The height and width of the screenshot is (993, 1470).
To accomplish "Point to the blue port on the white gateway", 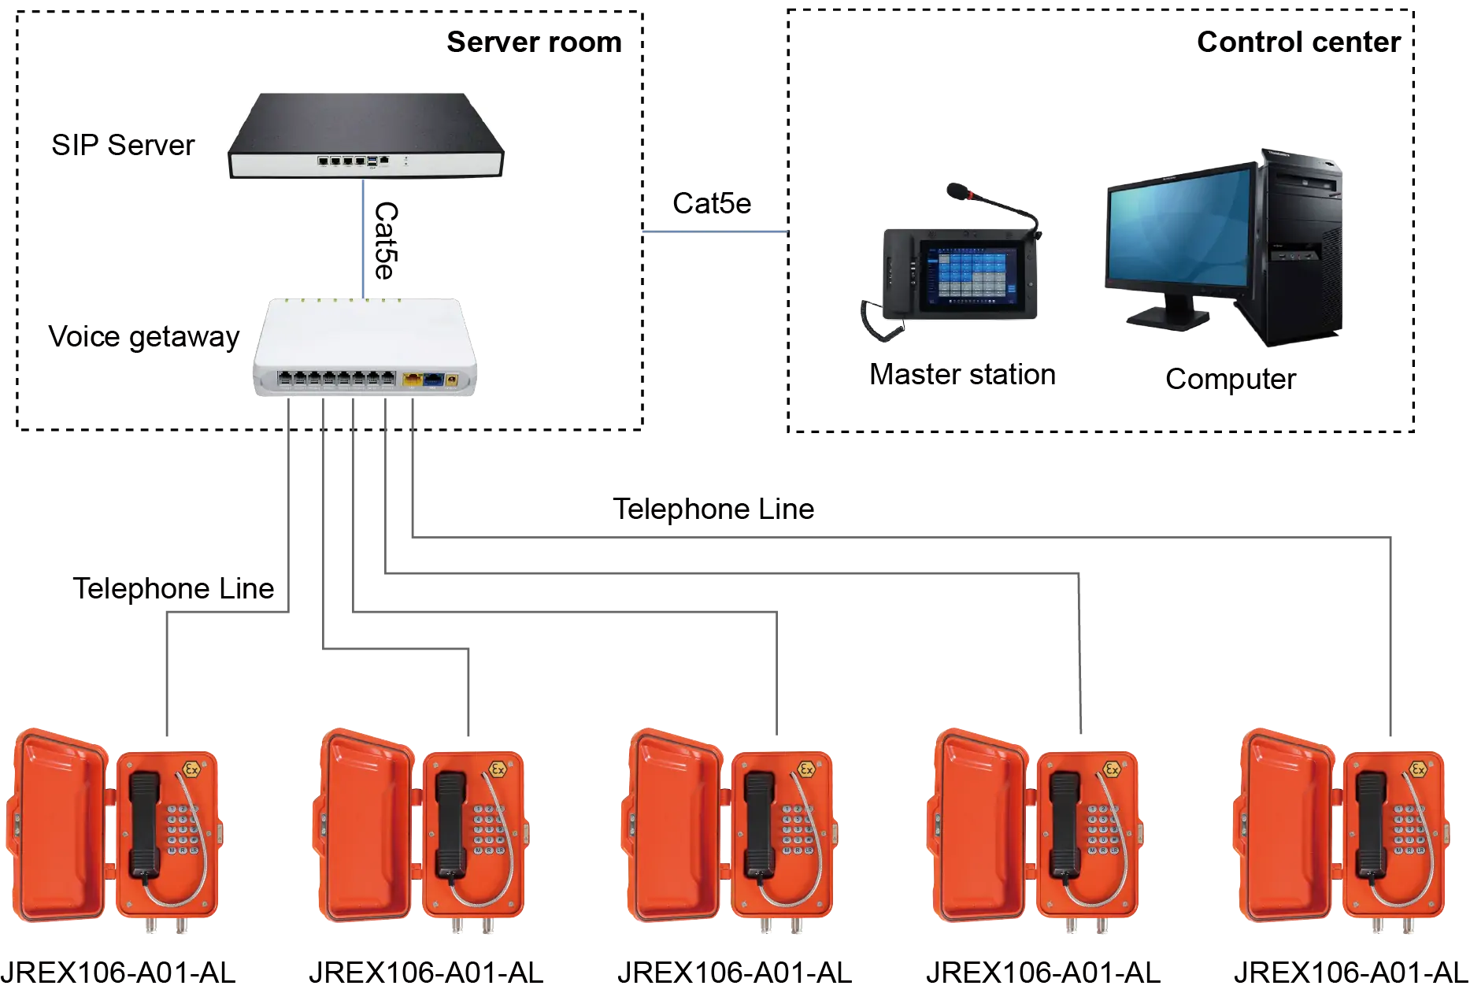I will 433,380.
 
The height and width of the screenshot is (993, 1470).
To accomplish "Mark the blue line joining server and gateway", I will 363,236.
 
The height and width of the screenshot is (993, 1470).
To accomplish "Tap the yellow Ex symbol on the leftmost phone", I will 191,768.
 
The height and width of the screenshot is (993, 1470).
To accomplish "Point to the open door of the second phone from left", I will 366,827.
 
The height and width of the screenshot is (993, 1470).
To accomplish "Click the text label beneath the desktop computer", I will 1230,380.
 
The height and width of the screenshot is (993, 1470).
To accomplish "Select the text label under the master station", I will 962,373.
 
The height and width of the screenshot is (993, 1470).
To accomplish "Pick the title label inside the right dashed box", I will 1299,43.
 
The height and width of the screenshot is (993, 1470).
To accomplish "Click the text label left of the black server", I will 124,146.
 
